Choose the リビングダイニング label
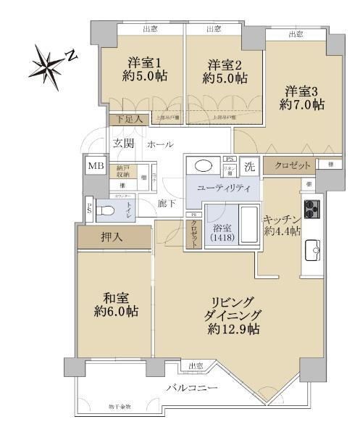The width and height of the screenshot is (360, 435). (x=233, y=315)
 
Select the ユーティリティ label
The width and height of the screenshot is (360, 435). (x=225, y=188)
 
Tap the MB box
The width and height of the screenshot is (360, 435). (x=96, y=166)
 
